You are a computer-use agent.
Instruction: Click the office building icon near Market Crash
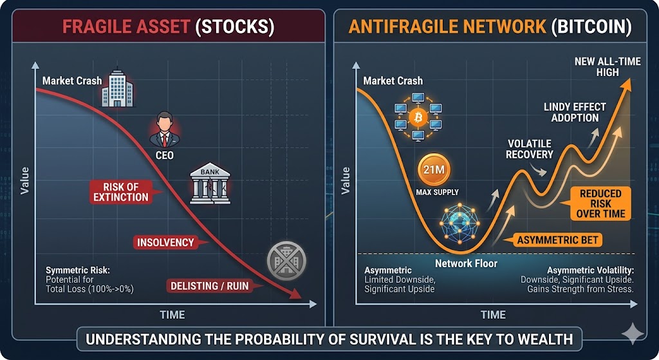(117, 88)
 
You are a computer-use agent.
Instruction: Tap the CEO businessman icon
(164, 129)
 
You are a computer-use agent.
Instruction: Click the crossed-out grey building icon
(286, 261)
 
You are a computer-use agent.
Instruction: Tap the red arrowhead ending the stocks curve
(296, 293)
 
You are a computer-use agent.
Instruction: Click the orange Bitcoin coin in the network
(418, 117)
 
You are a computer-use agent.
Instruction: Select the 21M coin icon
(434, 170)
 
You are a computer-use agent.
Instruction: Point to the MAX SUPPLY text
(437, 192)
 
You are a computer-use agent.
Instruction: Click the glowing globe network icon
(459, 223)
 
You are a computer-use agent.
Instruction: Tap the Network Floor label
(466, 263)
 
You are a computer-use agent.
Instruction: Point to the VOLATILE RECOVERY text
(529, 149)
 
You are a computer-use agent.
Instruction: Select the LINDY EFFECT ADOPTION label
(575, 112)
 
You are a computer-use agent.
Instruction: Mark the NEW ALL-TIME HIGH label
(608, 67)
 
